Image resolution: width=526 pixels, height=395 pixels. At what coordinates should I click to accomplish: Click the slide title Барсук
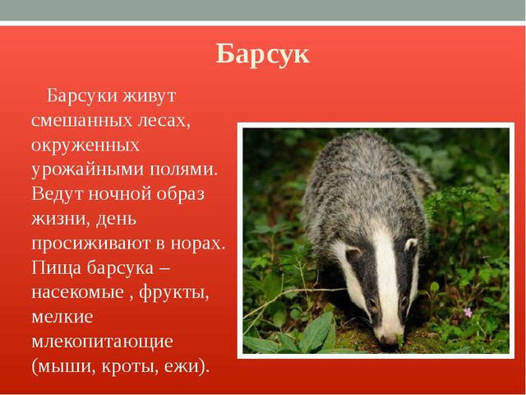pyautogui.click(x=262, y=53)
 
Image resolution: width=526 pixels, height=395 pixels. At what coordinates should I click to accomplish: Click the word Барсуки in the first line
pyautogui.click(x=82, y=95)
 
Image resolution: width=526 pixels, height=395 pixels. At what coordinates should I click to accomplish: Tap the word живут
pyautogui.click(x=149, y=95)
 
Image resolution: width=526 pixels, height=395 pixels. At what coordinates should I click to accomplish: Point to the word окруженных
pyautogui.click(x=85, y=146)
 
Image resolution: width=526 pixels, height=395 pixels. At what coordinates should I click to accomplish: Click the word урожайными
pyautogui.click(x=87, y=170)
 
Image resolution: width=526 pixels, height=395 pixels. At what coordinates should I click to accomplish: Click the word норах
pyautogui.click(x=197, y=244)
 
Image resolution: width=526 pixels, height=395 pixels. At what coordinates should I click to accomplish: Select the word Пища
pyautogui.click(x=57, y=268)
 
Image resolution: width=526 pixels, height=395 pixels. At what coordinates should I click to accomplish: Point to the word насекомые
pyautogui.click(x=77, y=293)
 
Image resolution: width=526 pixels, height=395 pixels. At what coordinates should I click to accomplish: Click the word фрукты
pyautogui.click(x=173, y=293)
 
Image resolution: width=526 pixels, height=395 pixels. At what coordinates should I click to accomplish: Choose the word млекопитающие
pyautogui.click(x=102, y=342)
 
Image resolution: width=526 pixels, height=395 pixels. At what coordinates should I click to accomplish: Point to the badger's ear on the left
pyautogui.click(x=353, y=251)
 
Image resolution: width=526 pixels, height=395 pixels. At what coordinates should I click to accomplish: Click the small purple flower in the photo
pyautogui.click(x=468, y=313)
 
